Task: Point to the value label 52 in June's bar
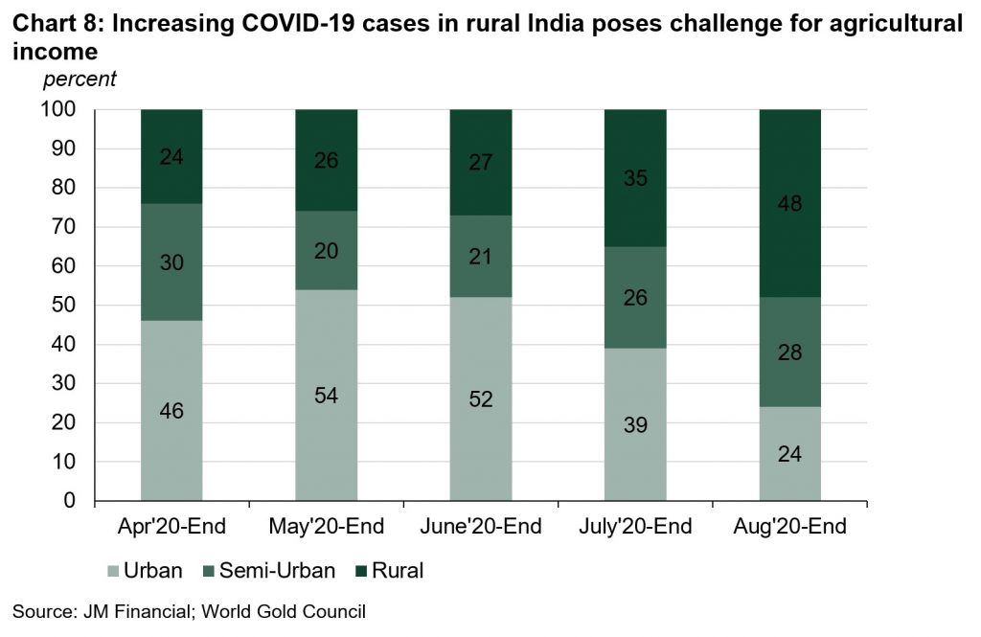point(481,399)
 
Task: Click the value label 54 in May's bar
point(326,396)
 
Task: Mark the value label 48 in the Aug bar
point(790,203)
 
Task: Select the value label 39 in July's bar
point(635,425)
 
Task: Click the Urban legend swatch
point(114,572)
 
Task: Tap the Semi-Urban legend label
point(278,572)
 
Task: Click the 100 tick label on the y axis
point(58,109)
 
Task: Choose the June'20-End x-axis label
point(481,527)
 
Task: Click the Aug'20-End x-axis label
point(790,527)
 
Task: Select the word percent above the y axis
point(80,80)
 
